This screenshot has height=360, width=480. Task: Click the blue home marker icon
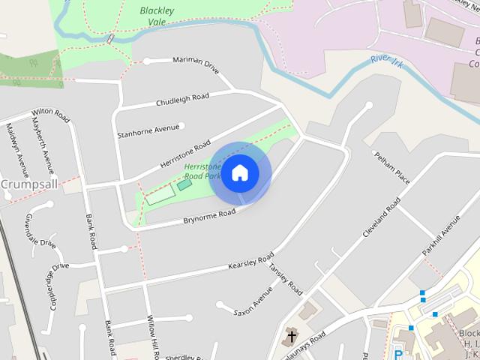(239, 173)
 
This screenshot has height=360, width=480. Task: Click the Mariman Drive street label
(196, 65)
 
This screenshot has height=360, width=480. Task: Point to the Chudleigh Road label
(182, 98)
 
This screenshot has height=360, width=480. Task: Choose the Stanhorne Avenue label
(149, 130)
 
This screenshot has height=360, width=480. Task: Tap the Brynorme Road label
(209, 216)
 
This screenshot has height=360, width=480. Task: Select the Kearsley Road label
(250, 264)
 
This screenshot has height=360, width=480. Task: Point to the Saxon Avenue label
(253, 301)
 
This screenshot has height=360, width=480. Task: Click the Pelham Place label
(391, 166)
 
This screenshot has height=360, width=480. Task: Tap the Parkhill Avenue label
(440, 235)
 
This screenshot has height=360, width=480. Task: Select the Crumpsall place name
(24, 184)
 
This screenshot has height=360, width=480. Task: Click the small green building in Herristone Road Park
(184, 184)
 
